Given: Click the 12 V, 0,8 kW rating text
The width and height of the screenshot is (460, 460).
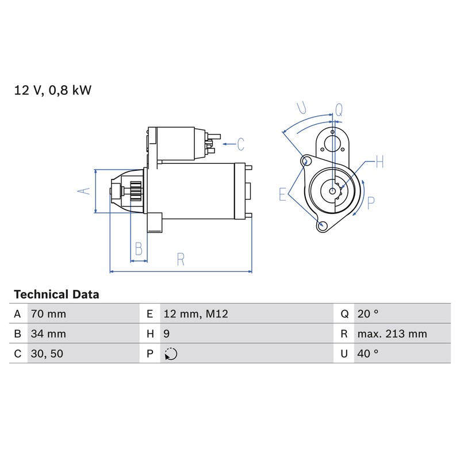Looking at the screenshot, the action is [53, 90].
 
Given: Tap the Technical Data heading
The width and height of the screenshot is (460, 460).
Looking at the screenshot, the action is [56, 294].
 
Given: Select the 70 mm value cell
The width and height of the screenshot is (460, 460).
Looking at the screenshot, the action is [48, 314].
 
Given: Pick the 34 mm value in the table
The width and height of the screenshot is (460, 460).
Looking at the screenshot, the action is [48, 334].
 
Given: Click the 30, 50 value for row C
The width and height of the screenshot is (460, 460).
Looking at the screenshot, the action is [47, 354].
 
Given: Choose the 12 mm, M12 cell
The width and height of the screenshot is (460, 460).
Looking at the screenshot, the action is [195, 314].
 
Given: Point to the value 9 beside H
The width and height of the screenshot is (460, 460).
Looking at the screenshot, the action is [166, 334].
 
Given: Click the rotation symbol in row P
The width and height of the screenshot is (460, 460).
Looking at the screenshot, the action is [171, 354].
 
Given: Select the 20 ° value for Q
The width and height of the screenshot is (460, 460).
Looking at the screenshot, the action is [368, 314].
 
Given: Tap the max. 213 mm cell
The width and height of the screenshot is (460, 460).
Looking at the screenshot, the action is [392, 334].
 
